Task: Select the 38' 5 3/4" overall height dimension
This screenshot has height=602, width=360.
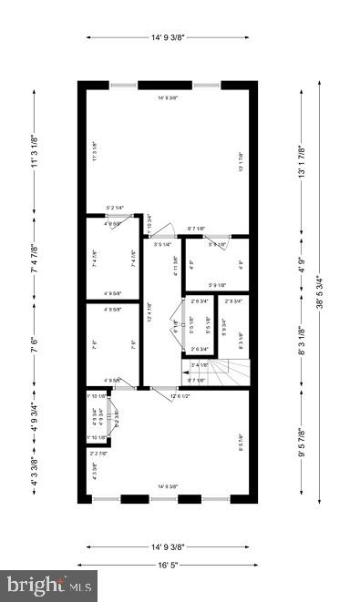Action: (319, 291)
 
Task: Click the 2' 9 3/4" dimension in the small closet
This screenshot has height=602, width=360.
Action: (236, 301)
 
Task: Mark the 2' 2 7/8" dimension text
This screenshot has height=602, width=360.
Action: (98, 454)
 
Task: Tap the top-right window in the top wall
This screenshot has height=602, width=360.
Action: (205, 85)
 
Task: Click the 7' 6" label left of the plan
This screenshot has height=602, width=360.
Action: (35, 345)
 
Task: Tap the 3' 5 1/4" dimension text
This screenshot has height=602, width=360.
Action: (163, 245)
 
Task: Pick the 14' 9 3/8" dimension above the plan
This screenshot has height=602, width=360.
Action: (168, 37)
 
